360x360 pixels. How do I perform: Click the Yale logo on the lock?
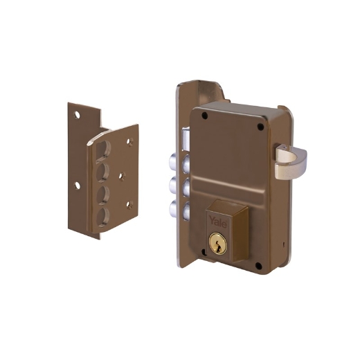[218, 221]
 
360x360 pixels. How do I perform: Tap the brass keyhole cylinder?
[218, 244]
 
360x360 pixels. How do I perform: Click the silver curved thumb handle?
[291, 162]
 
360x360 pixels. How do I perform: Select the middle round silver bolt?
[179, 186]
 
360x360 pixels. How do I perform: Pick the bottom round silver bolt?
[179, 210]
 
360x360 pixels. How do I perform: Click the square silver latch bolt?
[186, 139]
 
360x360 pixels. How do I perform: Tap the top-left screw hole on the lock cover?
[204, 116]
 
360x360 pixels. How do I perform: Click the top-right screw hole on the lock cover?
[260, 127]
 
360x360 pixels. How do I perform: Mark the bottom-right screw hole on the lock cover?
[259, 266]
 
